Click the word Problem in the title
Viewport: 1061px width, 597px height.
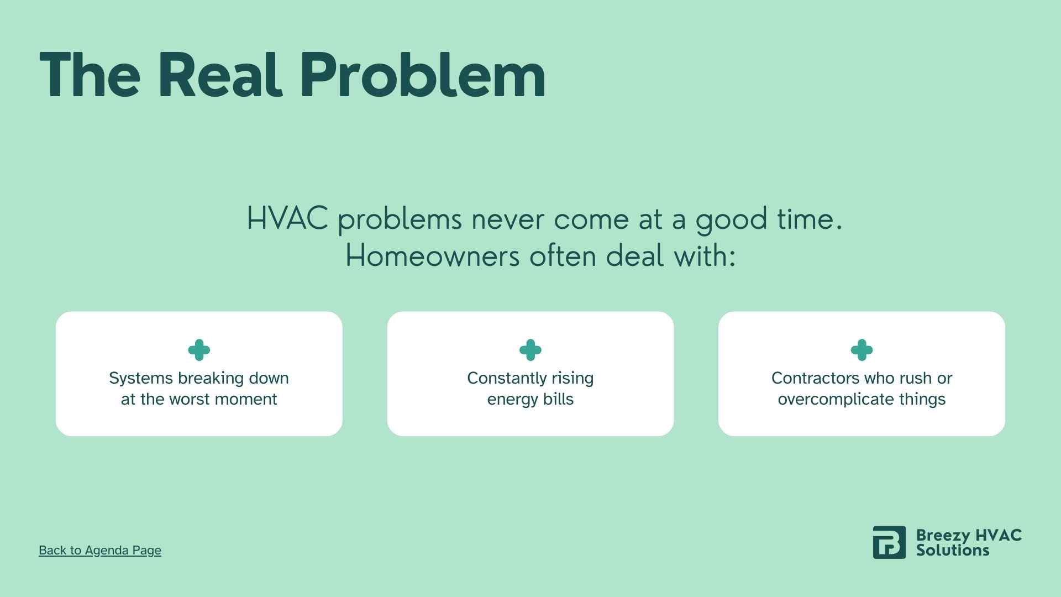point(423,75)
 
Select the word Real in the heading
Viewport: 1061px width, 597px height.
point(220,75)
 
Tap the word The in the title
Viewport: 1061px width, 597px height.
point(90,75)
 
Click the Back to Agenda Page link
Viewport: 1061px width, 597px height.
point(100,550)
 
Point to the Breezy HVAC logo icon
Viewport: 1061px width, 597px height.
point(889,542)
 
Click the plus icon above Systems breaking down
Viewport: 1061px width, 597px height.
point(199,350)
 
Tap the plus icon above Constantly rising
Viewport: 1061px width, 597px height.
point(530,350)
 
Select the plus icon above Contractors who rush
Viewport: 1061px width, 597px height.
point(862,350)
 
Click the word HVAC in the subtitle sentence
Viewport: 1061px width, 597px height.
point(287,218)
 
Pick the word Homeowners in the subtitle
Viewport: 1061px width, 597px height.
point(432,256)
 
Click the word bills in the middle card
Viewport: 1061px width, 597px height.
point(558,399)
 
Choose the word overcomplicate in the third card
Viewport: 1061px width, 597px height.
point(836,399)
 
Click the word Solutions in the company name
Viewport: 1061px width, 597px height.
point(952,551)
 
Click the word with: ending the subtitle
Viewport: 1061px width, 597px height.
point(705,256)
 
